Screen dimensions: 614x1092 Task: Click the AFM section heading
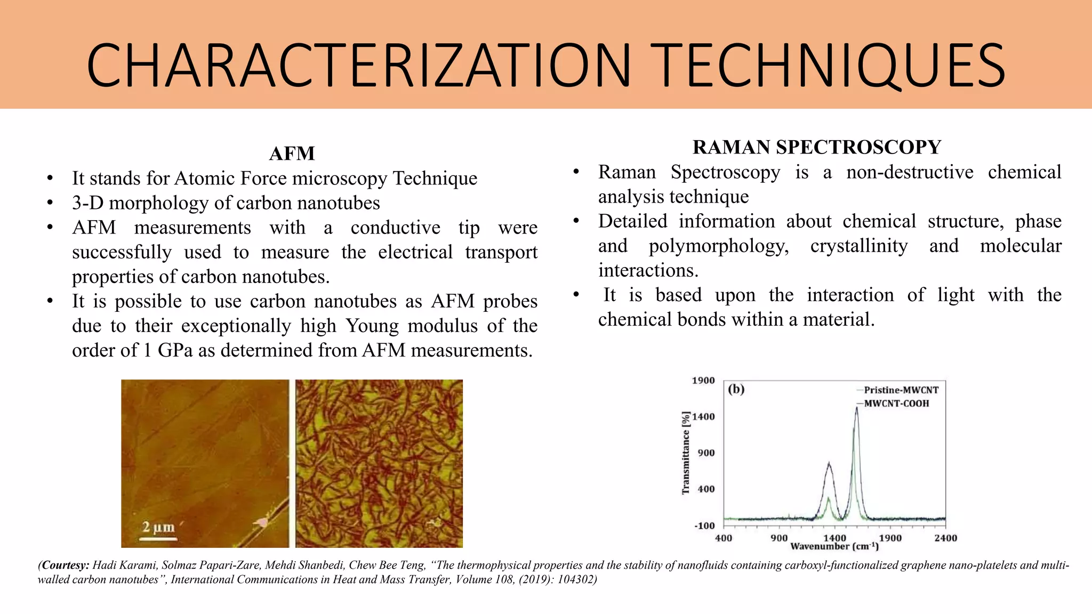[x=292, y=153]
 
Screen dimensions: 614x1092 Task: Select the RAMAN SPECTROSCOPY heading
[x=816, y=147]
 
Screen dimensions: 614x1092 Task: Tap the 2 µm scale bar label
[x=158, y=527]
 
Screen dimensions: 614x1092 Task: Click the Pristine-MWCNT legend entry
[x=901, y=390]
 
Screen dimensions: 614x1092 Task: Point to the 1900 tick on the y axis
[x=703, y=381]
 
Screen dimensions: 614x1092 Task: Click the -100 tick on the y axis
[x=704, y=526]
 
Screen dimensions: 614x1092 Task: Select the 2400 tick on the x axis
[x=945, y=538]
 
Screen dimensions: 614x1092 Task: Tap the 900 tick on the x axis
[x=779, y=538]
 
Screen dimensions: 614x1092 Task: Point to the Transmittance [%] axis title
[x=686, y=453]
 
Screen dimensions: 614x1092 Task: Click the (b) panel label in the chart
[x=736, y=389]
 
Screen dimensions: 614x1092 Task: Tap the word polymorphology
[x=718, y=246]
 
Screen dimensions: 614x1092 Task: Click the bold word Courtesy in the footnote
[x=65, y=565]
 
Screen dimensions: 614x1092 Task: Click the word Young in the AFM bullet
[x=372, y=326]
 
